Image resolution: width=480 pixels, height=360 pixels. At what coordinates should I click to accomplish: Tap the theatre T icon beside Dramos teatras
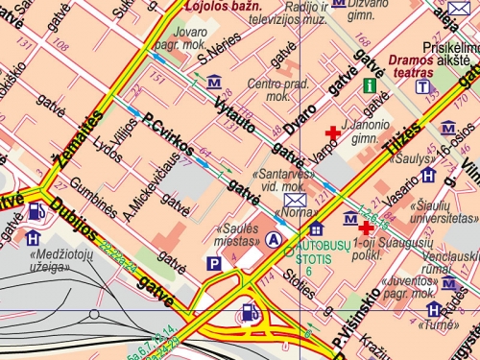point(422,86)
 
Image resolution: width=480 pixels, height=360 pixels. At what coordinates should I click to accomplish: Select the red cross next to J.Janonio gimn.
point(332,132)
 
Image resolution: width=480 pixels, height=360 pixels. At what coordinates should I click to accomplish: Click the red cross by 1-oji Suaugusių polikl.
point(365,228)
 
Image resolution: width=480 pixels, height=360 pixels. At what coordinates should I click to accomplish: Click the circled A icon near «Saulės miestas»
point(276,239)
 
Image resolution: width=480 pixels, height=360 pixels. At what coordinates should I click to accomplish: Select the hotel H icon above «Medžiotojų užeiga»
point(34,237)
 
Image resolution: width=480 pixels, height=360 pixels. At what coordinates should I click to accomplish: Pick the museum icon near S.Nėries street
point(214,83)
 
